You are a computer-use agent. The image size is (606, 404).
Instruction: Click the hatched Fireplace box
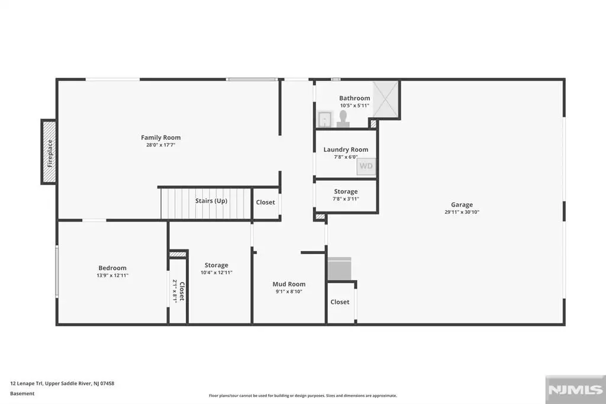tap(49, 152)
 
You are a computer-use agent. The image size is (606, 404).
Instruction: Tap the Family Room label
tap(161, 137)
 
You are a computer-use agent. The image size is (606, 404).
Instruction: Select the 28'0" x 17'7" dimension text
tap(161, 145)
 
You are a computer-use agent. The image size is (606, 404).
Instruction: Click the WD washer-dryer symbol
tap(366, 166)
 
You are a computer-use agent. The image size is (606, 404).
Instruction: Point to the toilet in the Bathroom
tap(343, 119)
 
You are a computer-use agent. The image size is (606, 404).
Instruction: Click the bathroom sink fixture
tap(325, 119)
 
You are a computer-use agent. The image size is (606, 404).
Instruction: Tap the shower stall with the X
tap(386, 99)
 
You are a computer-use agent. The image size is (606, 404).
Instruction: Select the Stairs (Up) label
tap(211, 201)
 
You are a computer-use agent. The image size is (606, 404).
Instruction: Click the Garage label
tap(462, 205)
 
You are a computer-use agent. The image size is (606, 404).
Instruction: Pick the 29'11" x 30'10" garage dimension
tap(462, 212)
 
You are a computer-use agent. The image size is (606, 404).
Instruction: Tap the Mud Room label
tap(289, 284)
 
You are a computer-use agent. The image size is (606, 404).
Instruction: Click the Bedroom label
tap(112, 268)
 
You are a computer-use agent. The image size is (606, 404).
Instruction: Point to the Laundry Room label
tap(346, 149)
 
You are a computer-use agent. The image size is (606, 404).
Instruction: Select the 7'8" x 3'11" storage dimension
tap(346, 199)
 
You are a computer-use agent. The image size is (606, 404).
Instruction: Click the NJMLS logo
tap(575, 390)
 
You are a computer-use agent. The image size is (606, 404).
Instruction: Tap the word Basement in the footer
tap(22, 393)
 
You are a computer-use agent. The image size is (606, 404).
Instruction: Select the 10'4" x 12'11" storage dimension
tap(217, 272)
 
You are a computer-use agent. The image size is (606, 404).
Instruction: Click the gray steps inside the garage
tap(339, 268)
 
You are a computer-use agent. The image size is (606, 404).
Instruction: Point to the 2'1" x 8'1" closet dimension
tap(175, 291)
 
